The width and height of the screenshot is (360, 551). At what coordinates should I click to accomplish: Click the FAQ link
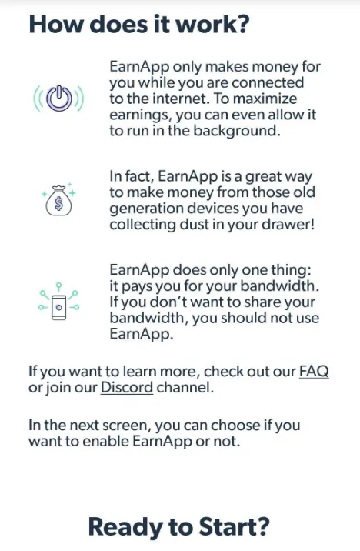click(x=313, y=372)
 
